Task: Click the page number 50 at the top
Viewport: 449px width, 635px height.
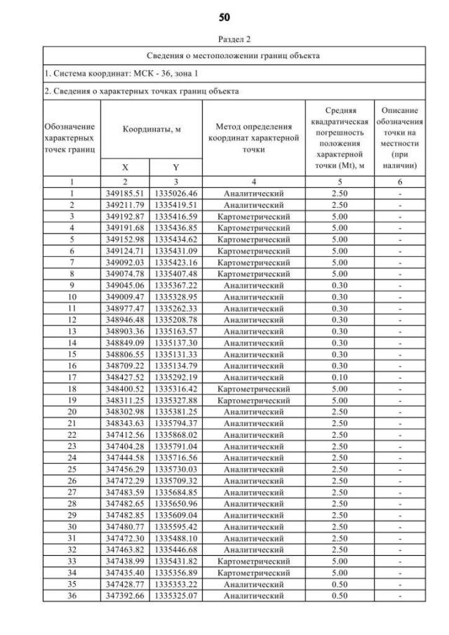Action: [224, 17]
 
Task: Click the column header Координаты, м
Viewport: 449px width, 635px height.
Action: [152, 130]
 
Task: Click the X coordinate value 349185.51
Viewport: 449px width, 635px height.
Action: [124, 193]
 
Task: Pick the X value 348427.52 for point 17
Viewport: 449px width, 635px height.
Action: [124, 377]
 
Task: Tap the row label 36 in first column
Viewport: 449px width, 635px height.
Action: [72, 596]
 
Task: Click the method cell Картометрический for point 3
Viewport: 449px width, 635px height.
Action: [253, 216]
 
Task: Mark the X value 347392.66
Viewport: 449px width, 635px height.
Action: [124, 596]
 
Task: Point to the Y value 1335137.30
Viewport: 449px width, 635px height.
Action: [175, 342]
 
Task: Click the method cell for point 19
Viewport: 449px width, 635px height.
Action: [253, 400]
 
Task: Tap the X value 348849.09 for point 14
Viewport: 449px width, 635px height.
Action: [124, 342]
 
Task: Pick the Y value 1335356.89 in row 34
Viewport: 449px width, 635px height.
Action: [175, 573]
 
